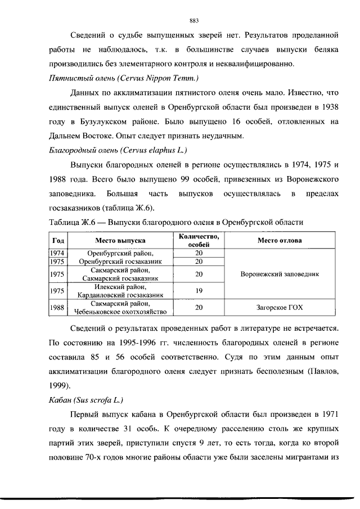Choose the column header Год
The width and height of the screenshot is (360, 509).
click(x=57, y=240)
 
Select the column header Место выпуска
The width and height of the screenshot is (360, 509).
click(x=120, y=240)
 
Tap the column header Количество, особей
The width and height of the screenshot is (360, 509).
click(x=199, y=240)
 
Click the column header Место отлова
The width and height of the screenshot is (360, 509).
click(x=280, y=240)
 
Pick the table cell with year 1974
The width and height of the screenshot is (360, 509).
click(x=57, y=253)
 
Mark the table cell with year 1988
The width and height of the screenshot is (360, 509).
click(x=57, y=307)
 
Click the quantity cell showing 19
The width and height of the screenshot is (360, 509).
click(x=199, y=290)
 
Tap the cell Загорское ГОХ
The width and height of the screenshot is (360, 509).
click(x=280, y=307)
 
